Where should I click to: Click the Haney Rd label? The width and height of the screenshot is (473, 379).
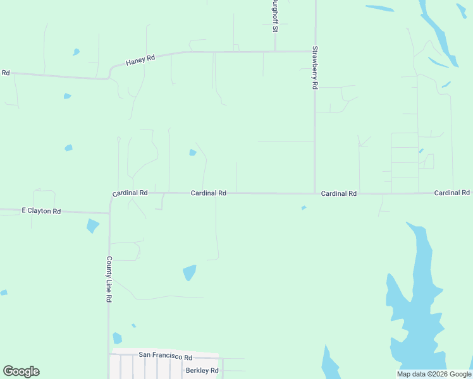tap(140, 60)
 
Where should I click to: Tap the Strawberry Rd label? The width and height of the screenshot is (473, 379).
tap(314, 68)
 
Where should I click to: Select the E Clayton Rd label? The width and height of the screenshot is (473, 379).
tap(41, 211)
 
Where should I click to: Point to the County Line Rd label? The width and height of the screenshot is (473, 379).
tap(109, 279)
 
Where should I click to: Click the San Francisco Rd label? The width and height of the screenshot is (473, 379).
tap(165, 356)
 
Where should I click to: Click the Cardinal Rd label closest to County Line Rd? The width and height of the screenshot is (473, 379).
tap(130, 193)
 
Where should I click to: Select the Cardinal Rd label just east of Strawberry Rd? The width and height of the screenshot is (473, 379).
tap(339, 193)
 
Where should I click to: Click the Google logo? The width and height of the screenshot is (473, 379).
tap(21, 371)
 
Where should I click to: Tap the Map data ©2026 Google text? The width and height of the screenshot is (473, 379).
tap(434, 374)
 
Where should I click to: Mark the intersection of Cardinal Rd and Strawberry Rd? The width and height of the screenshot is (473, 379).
tap(315, 193)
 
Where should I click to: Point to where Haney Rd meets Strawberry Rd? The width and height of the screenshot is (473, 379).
tap(315, 52)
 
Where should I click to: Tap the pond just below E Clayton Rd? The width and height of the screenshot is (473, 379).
tap(93, 226)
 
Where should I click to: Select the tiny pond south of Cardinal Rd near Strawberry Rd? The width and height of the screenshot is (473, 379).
tap(304, 208)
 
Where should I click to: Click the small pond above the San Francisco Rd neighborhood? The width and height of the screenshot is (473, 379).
tap(117, 339)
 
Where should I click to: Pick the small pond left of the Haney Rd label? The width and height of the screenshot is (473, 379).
tap(76, 52)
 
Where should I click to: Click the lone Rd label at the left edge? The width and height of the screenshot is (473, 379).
tap(5, 73)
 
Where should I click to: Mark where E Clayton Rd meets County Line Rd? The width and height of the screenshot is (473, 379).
tap(109, 214)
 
